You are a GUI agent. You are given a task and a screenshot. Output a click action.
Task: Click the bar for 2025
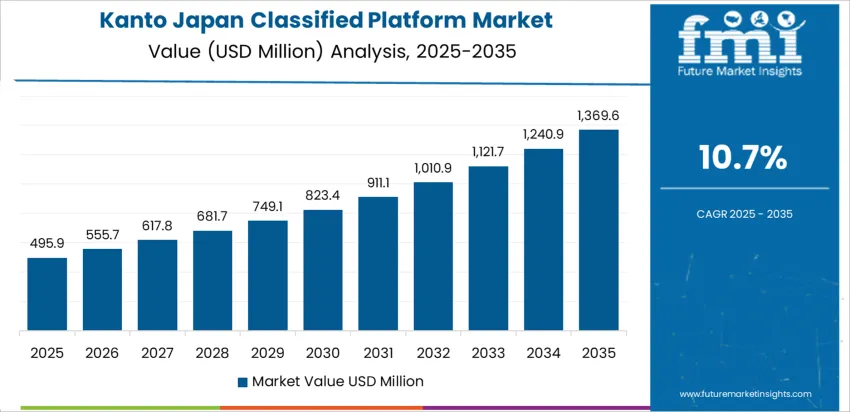point(47,294)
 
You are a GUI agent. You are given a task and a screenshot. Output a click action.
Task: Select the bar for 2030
point(323,270)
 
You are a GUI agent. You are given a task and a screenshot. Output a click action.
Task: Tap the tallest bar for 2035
point(599,230)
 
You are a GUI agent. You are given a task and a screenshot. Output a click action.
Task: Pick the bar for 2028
point(212,281)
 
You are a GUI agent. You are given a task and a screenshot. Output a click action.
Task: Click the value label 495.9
point(47,243)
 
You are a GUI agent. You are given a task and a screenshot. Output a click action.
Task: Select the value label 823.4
point(323,195)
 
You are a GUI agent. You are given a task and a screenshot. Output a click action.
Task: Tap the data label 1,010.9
point(433,167)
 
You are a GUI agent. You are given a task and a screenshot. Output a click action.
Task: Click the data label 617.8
point(157,225)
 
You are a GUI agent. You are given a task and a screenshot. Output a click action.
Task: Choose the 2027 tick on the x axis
point(157,353)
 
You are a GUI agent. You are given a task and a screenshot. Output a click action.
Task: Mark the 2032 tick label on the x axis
point(433,353)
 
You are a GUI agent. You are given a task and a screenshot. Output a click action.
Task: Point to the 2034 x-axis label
point(544,353)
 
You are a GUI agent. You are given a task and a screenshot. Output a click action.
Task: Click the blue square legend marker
point(243,381)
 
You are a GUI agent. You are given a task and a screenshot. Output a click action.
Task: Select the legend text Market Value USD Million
point(337,381)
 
